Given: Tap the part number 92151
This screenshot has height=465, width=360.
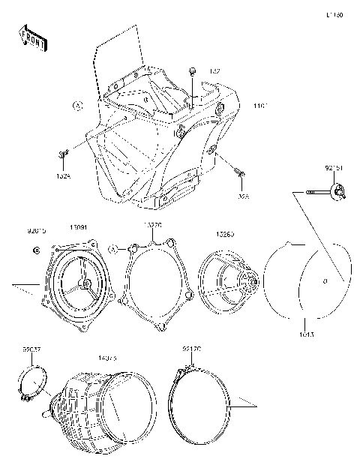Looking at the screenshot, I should (x=334, y=169).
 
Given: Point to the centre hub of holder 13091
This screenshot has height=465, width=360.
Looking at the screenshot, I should (x=86, y=283).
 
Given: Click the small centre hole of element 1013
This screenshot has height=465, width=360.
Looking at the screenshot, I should (x=325, y=282).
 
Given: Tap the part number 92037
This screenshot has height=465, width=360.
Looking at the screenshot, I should (x=31, y=349).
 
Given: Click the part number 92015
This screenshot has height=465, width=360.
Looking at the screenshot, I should (x=37, y=232).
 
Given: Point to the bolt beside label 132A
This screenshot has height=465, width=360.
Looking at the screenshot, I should (x=61, y=154).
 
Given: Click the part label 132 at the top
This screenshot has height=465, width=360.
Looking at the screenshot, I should (x=214, y=71).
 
